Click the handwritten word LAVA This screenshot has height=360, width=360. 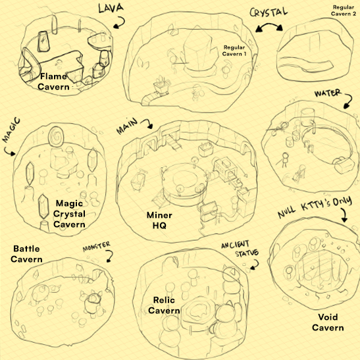click(x=111, y=8)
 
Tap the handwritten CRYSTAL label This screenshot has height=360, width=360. click(x=269, y=12)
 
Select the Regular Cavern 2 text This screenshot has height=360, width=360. click(x=344, y=11)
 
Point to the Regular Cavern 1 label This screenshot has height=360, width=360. click(x=234, y=51)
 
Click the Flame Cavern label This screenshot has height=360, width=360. click(x=53, y=82)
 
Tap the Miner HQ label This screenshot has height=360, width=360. click(x=159, y=220)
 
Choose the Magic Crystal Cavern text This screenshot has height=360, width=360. click(x=69, y=213)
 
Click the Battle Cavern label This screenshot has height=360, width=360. click(x=26, y=253)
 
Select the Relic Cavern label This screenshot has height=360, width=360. click(x=164, y=305)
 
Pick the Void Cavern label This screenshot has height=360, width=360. click(x=328, y=322)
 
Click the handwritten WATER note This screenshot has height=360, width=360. click(x=328, y=93)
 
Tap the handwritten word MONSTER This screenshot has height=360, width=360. click(x=97, y=246)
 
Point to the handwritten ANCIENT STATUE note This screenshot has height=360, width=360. click(x=240, y=249)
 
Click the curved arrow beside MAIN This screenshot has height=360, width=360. click(x=148, y=122)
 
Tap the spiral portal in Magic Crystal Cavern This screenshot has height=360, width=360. click(x=56, y=136)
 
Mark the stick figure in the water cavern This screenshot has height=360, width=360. click(x=284, y=160)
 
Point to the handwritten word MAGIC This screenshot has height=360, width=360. click(x=11, y=130)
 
